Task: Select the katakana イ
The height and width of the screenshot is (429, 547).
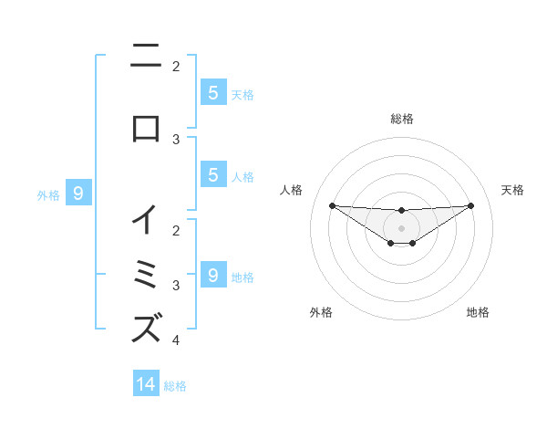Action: click(146, 219)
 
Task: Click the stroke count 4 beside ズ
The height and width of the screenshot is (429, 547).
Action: click(176, 340)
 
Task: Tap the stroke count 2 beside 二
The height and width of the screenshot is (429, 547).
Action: click(176, 67)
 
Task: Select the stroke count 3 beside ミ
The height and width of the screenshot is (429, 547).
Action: click(176, 286)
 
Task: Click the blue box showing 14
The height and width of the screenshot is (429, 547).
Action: click(146, 384)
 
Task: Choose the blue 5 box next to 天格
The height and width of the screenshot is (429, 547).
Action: click(212, 92)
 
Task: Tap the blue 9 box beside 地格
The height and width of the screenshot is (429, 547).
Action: click(212, 275)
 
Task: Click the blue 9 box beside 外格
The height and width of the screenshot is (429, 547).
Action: click(78, 193)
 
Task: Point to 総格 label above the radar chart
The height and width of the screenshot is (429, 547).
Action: click(402, 119)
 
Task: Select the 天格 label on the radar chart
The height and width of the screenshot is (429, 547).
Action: click(513, 190)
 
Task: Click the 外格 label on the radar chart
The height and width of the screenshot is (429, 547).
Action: click(321, 312)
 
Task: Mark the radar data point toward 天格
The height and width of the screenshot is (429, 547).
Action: click(470, 204)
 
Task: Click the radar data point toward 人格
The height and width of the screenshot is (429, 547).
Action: click(332, 204)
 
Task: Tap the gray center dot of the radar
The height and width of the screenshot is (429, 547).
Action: click(401, 227)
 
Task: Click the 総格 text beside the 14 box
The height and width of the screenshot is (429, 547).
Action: click(175, 386)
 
